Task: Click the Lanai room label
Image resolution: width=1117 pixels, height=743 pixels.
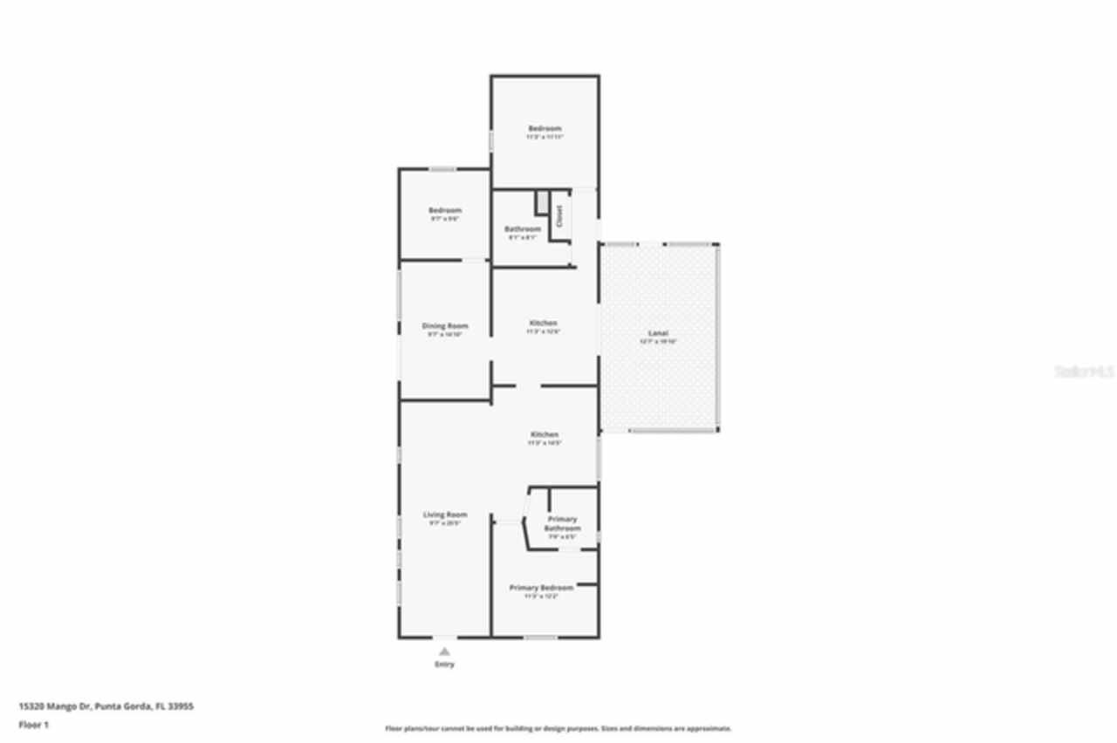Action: click(657, 333)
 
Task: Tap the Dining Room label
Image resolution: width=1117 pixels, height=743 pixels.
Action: click(445, 326)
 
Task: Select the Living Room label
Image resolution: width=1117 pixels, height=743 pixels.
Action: click(445, 515)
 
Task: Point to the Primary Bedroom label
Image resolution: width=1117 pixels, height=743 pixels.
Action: click(541, 588)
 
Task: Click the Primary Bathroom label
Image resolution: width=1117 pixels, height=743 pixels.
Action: click(562, 523)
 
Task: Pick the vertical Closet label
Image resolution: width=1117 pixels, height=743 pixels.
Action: click(559, 216)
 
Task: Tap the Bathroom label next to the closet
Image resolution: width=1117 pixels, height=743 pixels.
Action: click(523, 228)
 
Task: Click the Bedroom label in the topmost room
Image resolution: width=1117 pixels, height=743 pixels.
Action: click(545, 128)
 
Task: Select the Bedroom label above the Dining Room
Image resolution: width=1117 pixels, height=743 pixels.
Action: click(444, 210)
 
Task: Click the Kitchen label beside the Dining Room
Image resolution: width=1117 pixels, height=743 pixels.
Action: click(543, 323)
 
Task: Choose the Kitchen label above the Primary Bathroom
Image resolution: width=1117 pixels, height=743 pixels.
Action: click(545, 434)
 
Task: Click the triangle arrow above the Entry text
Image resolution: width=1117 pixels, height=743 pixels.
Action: click(444, 651)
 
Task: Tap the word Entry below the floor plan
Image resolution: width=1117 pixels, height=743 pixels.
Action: click(444, 665)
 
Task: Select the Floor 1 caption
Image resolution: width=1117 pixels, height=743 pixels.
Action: click(34, 725)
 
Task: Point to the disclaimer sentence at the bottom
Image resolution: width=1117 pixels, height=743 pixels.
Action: click(558, 728)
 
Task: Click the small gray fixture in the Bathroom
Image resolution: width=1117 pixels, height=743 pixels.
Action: click(542, 202)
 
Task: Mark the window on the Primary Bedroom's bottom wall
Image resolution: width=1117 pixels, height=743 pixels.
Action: click(540, 637)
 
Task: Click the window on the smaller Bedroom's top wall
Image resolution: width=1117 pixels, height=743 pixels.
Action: click(442, 169)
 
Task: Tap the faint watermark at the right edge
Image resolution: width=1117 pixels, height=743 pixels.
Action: click(1084, 371)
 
